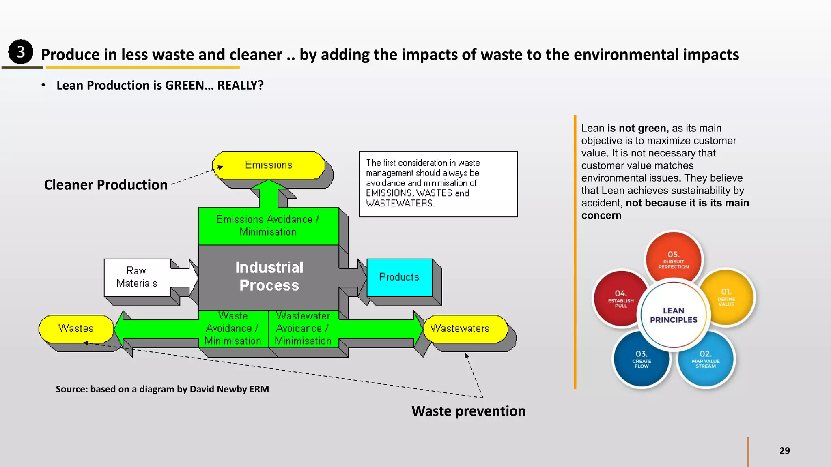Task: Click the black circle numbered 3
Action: (20, 52)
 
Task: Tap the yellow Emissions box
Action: (269, 165)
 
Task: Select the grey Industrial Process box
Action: (269, 276)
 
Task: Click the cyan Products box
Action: (399, 277)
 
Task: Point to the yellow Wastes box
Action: (76, 328)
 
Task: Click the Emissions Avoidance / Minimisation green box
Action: (268, 226)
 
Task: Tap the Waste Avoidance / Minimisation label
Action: (233, 328)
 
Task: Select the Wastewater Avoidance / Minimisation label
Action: (303, 328)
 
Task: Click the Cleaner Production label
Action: (105, 185)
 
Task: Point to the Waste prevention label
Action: (468, 411)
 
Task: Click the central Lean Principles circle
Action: (674, 315)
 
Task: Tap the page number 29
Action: (784, 450)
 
